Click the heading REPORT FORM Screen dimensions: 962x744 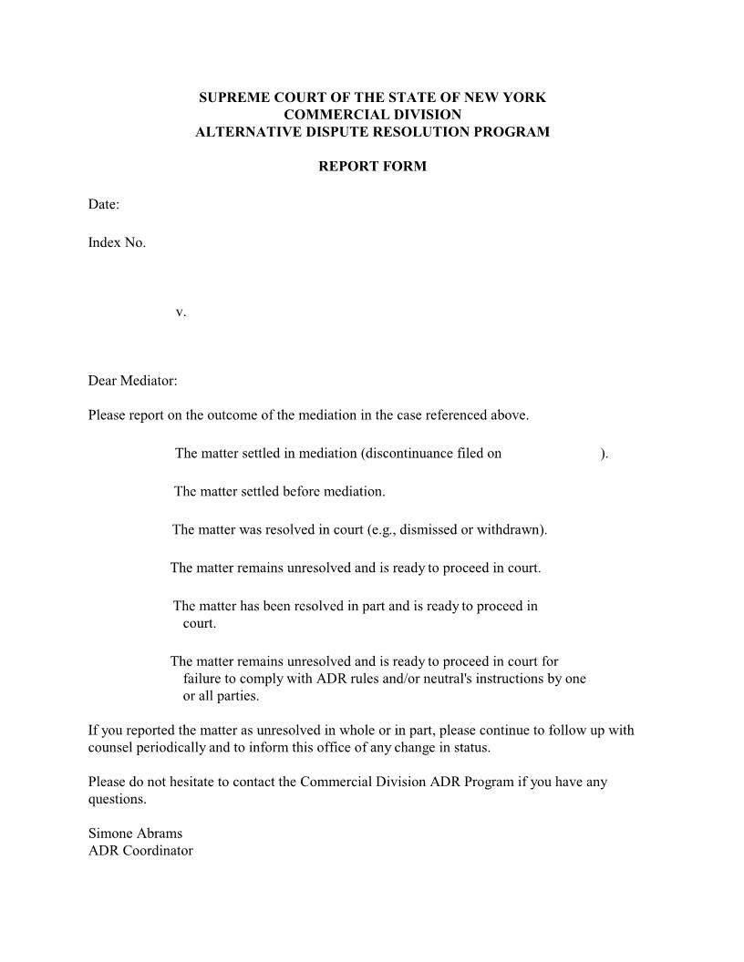pos(372,167)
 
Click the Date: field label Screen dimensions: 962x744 pos(104,204)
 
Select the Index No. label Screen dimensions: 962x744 pos(117,242)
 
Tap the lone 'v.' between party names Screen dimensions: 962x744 pos(181,312)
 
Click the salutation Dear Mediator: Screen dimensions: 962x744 pos(132,381)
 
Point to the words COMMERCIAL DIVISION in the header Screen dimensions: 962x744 pos(372,115)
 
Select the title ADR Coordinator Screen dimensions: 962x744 pos(140,850)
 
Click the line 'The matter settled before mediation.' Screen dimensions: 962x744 pos(280,491)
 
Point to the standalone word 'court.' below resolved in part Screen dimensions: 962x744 pos(200,624)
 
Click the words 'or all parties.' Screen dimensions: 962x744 pos(221,696)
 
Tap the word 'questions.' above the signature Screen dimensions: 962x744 pos(117,799)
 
